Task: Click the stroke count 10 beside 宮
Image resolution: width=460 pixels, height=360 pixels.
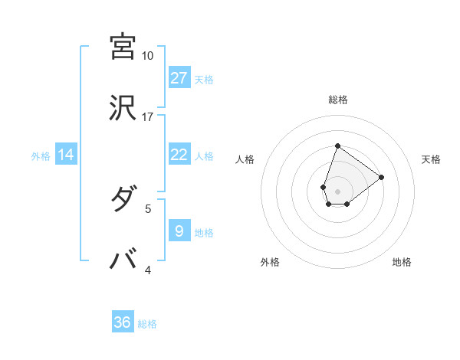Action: point(147,56)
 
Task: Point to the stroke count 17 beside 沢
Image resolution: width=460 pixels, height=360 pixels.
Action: point(147,117)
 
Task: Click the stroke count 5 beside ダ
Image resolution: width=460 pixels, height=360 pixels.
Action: point(149,208)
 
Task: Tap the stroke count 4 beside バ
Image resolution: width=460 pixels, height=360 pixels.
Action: point(149,270)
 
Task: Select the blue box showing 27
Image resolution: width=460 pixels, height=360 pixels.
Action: point(179,77)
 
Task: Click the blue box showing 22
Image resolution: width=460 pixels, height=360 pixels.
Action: point(179,155)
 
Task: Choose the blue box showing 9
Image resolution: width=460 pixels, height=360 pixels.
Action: point(179,231)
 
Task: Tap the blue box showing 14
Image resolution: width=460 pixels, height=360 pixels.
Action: point(66,155)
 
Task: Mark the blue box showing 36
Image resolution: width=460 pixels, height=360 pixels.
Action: point(123,322)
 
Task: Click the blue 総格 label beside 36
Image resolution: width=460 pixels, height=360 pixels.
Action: point(147,324)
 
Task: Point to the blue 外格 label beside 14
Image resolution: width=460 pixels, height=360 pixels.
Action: point(41,156)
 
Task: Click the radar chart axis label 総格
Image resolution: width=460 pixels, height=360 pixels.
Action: point(337,100)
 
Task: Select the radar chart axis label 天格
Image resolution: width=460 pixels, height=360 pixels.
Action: point(431,159)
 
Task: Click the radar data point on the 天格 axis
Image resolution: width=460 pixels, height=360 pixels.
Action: point(381,176)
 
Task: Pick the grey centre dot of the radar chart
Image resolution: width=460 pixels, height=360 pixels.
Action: point(337,190)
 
